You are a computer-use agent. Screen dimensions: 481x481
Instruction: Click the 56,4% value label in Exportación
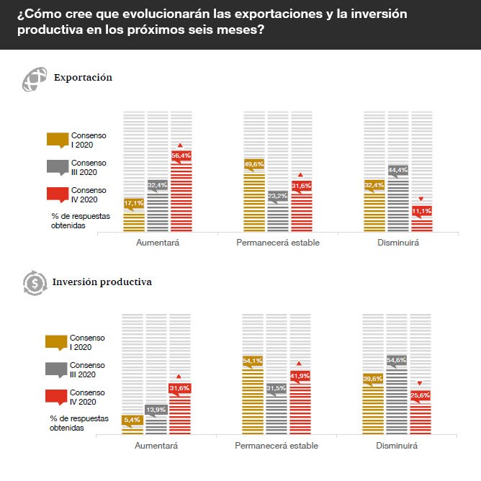click(x=181, y=156)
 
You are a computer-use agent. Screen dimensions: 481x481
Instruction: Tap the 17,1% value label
click(x=134, y=204)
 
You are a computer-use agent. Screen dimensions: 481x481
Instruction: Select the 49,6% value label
click(x=254, y=164)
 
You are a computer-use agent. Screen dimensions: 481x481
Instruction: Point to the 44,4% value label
click(x=398, y=171)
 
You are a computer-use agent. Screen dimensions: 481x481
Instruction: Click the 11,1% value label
click(x=421, y=210)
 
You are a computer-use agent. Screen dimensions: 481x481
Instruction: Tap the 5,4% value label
click(x=132, y=420)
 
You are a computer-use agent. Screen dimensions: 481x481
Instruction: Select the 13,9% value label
click(x=156, y=410)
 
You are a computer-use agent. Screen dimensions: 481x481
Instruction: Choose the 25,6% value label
click(x=420, y=395)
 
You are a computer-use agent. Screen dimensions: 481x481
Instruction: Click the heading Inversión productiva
click(x=102, y=282)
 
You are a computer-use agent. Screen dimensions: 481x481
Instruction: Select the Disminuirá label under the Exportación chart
click(x=397, y=243)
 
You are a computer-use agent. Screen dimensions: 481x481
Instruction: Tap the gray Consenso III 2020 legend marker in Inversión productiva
click(x=55, y=369)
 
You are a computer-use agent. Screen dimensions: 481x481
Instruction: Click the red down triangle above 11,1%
click(x=421, y=199)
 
